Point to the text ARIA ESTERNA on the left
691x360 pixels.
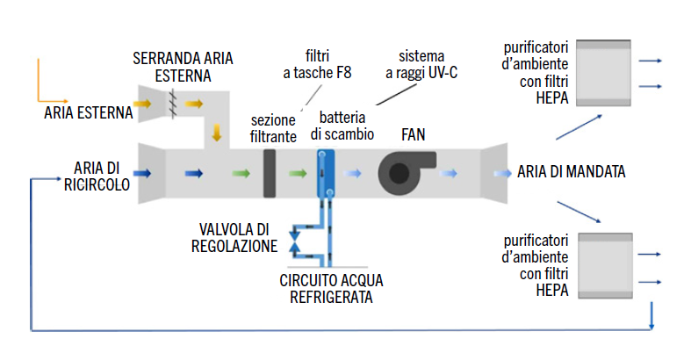click(x=89, y=112)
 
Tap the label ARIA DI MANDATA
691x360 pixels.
click(x=571, y=172)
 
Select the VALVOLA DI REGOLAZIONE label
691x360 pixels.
click(x=234, y=238)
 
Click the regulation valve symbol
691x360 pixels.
click(x=295, y=243)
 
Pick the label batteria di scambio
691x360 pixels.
click(x=347, y=126)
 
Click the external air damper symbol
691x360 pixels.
click(x=174, y=104)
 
